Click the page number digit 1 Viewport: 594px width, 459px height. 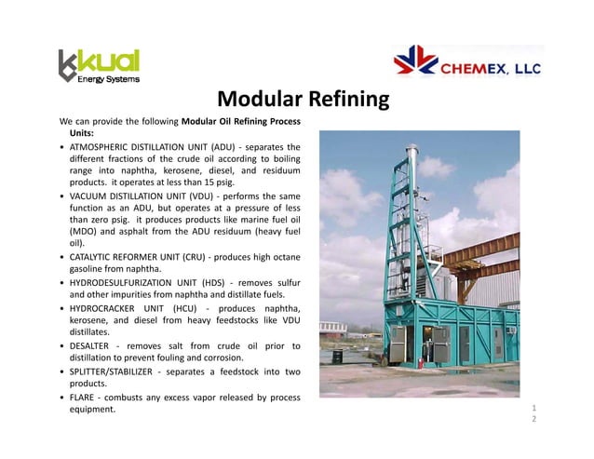[x=533, y=408]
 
